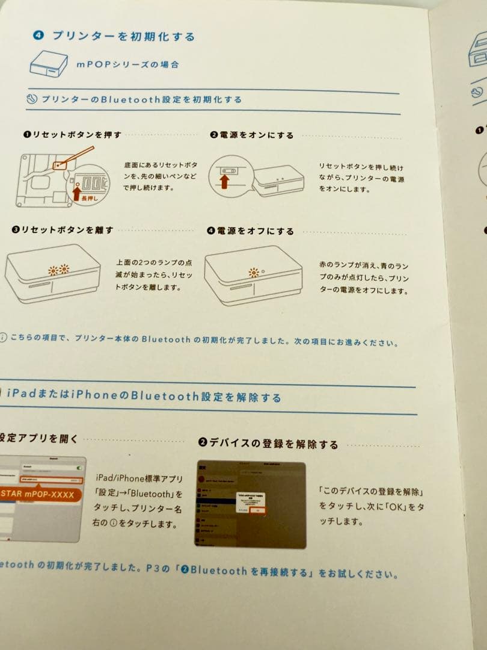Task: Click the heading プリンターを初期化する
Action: tap(123, 36)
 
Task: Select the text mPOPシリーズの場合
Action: tap(127, 64)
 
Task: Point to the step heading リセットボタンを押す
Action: tap(72, 135)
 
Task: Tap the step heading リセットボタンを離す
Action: tap(63, 230)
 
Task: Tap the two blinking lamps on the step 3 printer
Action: tap(59, 270)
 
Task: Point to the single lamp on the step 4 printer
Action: tap(254, 273)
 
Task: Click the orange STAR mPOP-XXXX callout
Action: tap(37, 495)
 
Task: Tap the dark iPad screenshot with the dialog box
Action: tap(250, 504)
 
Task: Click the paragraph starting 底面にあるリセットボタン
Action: tap(161, 176)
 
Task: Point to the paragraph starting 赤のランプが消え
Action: tap(364, 277)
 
